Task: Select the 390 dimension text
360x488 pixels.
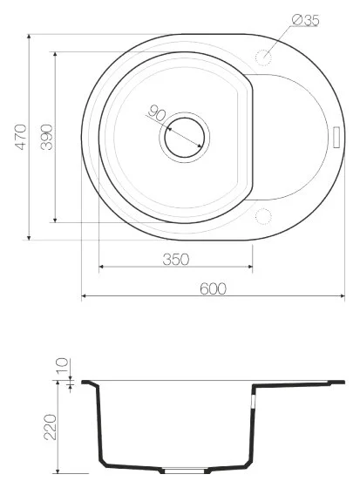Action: pyautogui.click(x=47, y=137)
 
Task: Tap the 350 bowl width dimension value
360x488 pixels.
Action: pyautogui.click(x=177, y=259)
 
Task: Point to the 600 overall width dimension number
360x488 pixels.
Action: pyautogui.click(x=213, y=289)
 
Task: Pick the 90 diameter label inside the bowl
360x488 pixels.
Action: pyautogui.click(x=157, y=113)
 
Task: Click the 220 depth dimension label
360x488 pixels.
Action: pyautogui.click(x=50, y=427)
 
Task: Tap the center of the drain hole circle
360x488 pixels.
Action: pyautogui.click(x=185, y=137)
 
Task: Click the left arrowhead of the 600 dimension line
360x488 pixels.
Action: pyautogui.click(x=85, y=298)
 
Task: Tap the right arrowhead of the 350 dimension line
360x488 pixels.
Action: pyautogui.click(x=250, y=267)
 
